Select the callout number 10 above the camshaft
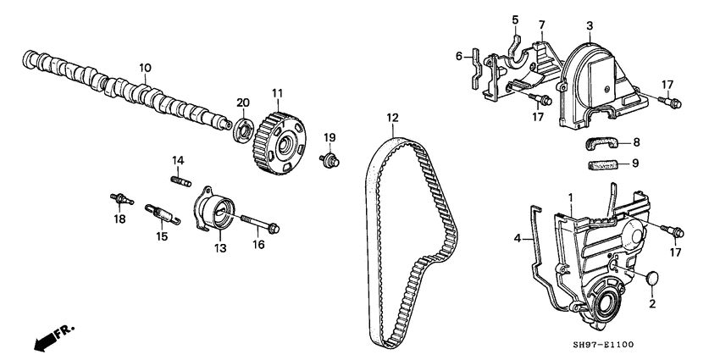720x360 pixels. pyautogui.click(x=145, y=66)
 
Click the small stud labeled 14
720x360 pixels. pyautogui.click(x=180, y=179)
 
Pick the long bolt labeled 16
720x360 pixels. pyautogui.click(x=260, y=224)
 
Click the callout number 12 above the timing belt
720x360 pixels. pyautogui.click(x=391, y=118)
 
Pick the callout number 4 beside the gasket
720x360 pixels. pyautogui.click(x=517, y=239)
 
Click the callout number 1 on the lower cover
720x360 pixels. pyautogui.click(x=571, y=198)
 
